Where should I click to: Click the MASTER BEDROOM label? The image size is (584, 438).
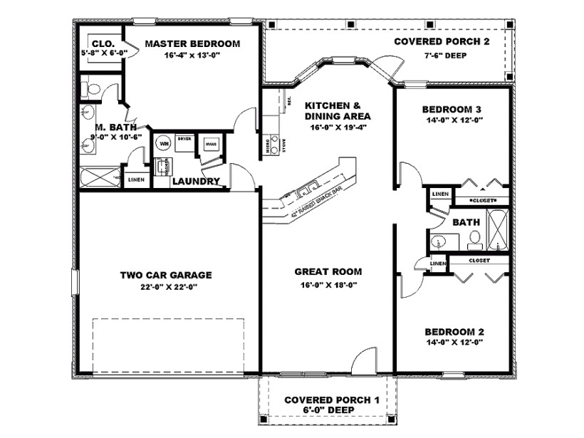tap(192, 43)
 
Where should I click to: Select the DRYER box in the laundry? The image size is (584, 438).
tap(184, 141)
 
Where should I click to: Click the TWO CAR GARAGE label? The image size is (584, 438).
tap(166, 275)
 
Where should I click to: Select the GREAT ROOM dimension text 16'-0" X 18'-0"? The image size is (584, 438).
tap(328, 285)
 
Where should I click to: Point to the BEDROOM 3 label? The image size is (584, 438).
tap(452, 109)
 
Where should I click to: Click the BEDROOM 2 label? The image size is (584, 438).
tap(454, 332)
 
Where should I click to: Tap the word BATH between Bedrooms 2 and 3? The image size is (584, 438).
tap(466, 222)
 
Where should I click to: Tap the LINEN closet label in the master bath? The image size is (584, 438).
tap(136, 179)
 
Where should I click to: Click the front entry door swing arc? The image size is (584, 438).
tap(363, 359)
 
